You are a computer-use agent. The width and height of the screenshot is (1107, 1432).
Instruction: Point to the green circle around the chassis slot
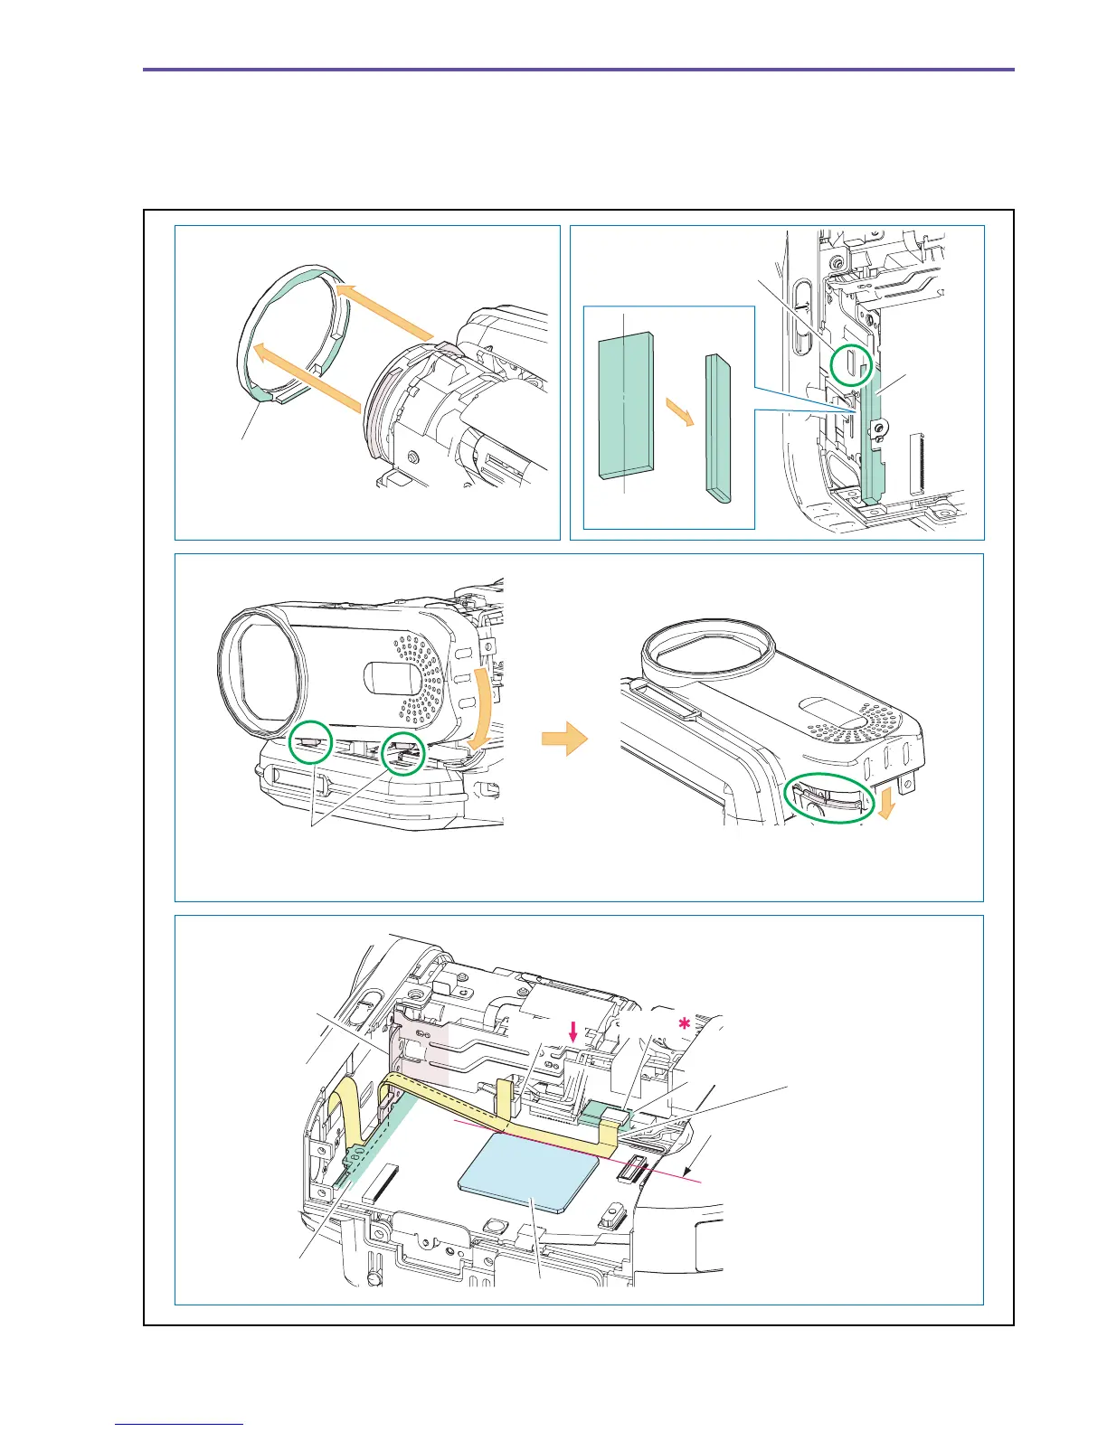point(851,363)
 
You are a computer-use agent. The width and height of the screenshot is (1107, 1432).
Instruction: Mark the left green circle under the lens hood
point(310,742)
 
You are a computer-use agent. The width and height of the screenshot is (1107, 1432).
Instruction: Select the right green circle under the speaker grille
point(403,753)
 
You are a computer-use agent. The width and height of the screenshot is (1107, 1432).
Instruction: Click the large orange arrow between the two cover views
point(564,740)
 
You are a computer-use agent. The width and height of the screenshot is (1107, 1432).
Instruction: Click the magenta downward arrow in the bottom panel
point(572,1030)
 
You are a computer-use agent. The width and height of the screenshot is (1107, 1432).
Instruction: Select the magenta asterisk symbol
point(685,1024)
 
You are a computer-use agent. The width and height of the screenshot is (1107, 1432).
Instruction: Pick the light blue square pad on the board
point(530,1172)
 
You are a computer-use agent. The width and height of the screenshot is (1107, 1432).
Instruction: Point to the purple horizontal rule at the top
point(579,69)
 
